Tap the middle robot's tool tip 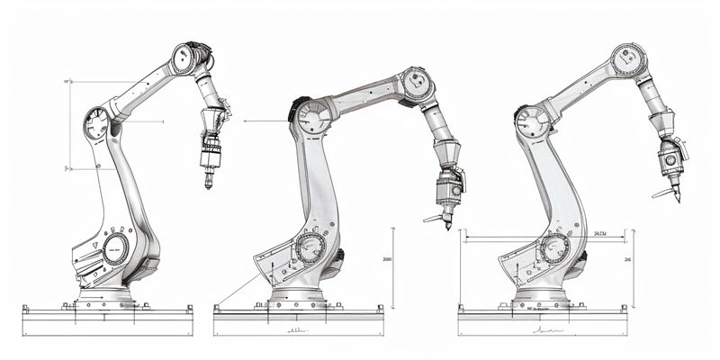(447, 227)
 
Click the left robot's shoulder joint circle (95, 125)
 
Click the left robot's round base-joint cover (115, 247)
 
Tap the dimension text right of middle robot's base (387, 259)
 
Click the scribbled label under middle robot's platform (294, 332)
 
